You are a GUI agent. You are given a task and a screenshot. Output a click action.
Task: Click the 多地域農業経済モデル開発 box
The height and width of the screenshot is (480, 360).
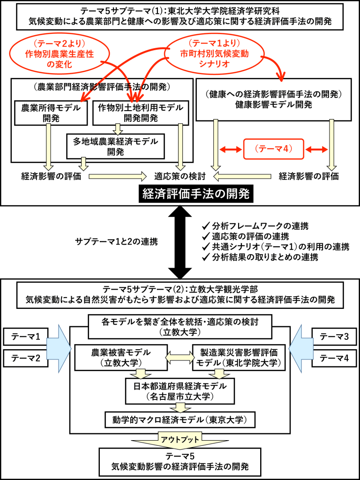click(115, 146)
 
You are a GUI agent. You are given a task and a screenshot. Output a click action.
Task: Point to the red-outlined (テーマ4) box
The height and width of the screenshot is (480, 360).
click(274, 150)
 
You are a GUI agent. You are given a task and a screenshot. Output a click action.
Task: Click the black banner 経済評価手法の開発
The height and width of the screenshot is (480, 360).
click(194, 193)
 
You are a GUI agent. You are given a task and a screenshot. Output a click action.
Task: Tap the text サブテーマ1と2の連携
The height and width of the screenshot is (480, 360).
click(116, 242)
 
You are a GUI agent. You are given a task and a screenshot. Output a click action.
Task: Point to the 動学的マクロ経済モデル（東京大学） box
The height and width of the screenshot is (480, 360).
click(180, 419)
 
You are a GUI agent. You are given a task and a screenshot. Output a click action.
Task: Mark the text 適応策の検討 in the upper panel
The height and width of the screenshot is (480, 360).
click(180, 177)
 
